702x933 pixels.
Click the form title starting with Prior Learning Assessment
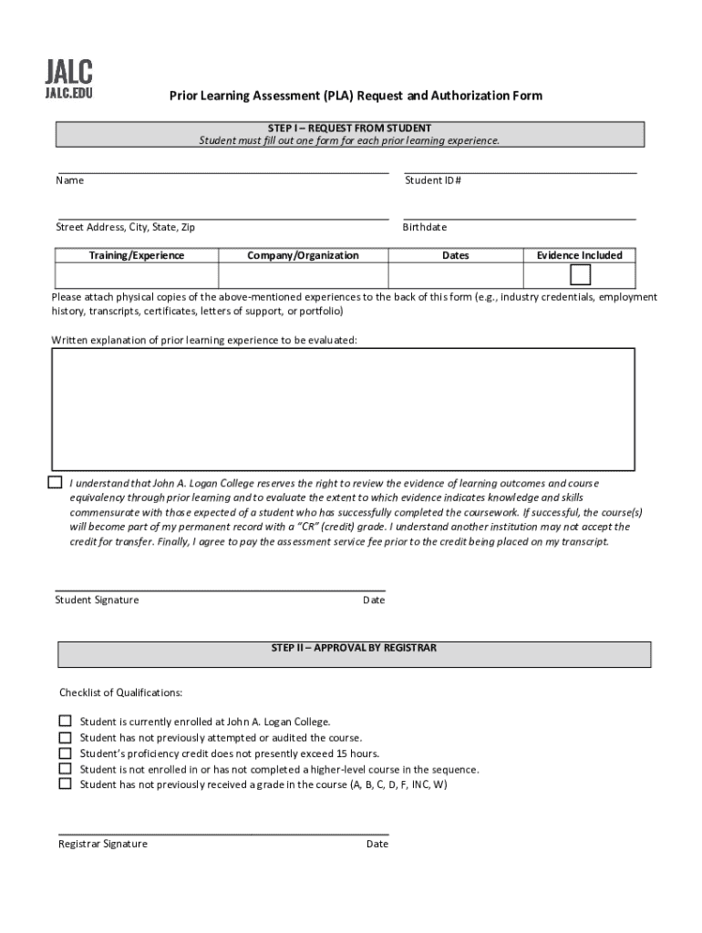pyautogui.click(x=354, y=96)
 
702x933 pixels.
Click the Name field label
pyautogui.click(x=69, y=180)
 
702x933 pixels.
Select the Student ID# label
pyautogui.click(x=433, y=180)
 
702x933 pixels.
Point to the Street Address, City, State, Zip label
pyautogui.click(x=125, y=227)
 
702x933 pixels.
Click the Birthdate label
pyautogui.click(x=425, y=227)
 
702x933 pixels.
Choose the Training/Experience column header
pyautogui.click(x=137, y=256)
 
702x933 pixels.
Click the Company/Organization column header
pyautogui.click(x=304, y=256)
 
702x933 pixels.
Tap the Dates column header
pyautogui.click(x=455, y=256)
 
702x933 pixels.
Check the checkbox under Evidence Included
pyautogui.click(x=580, y=275)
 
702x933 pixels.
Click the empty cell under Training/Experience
pyautogui.click(x=137, y=276)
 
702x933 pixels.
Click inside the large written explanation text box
pyautogui.click(x=344, y=408)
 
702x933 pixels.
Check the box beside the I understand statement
pyautogui.click(x=56, y=482)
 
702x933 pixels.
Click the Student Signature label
pyautogui.click(x=97, y=600)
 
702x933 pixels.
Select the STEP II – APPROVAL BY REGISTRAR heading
pyautogui.click(x=354, y=648)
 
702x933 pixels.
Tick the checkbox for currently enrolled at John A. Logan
pyautogui.click(x=65, y=721)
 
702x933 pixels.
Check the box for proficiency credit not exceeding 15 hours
pyautogui.click(x=65, y=753)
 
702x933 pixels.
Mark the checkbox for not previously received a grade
pyautogui.click(x=65, y=784)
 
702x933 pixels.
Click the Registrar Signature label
pyautogui.click(x=103, y=844)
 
